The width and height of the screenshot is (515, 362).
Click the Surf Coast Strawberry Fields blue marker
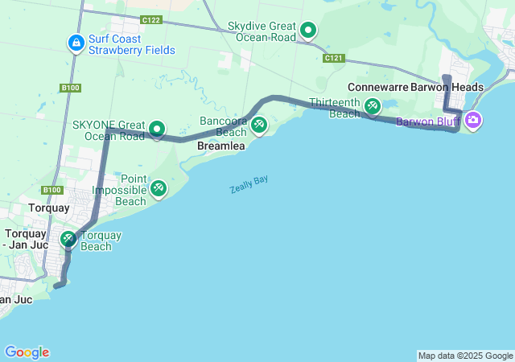click(x=75, y=42)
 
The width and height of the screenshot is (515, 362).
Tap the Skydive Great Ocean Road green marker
click(x=307, y=32)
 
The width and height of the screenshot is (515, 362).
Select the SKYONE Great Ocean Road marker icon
click(x=157, y=128)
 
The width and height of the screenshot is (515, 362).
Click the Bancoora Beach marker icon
click(x=258, y=125)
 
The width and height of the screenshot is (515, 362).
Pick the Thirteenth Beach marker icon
click(x=372, y=105)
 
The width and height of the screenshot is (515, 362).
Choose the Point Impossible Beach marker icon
click(x=159, y=188)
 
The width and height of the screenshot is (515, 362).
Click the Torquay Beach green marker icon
click(x=68, y=238)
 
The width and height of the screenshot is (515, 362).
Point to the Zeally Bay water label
click(x=249, y=184)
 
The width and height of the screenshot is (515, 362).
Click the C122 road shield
click(x=150, y=19)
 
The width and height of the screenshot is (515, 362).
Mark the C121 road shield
click(x=335, y=58)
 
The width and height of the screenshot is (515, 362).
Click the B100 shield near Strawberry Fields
click(x=71, y=87)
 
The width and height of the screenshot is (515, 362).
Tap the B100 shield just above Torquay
click(x=52, y=190)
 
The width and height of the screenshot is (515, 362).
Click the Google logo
click(x=27, y=352)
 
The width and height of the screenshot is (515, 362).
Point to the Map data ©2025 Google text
click(x=465, y=356)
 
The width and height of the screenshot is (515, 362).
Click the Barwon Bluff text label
click(x=426, y=122)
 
